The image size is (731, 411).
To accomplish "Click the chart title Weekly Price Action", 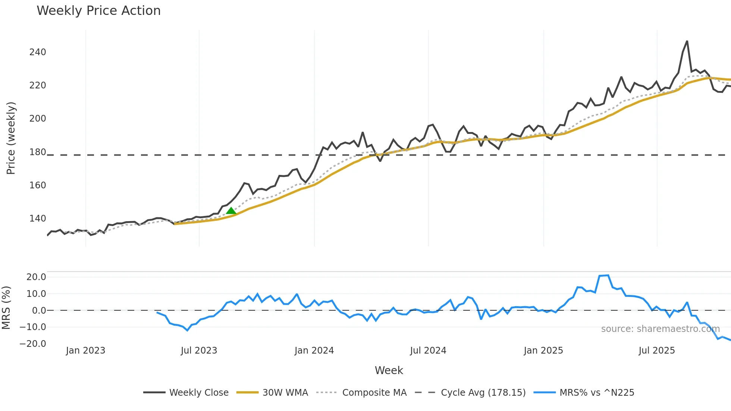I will click(x=98, y=11).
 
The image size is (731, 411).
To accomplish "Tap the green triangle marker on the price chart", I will click(x=231, y=211).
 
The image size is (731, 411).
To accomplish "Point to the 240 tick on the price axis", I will click(x=38, y=52).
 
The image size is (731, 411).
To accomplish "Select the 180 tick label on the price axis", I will click(x=38, y=152).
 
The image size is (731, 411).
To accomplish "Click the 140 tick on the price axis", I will click(x=38, y=219).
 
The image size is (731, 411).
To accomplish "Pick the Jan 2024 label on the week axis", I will click(x=314, y=351).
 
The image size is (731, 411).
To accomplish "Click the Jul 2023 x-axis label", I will click(x=199, y=351).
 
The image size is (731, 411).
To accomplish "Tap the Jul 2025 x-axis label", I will click(x=657, y=351).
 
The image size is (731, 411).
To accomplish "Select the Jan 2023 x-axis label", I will click(x=85, y=351).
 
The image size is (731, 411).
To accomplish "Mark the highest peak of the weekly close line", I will click(x=687, y=41).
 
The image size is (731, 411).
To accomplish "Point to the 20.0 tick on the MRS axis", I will click(x=36, y=277).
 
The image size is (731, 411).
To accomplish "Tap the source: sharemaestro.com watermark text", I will click(x=660, y=329).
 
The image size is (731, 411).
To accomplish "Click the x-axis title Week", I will click(x=389, y=370).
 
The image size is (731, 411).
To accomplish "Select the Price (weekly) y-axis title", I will click(x=11, y=138).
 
